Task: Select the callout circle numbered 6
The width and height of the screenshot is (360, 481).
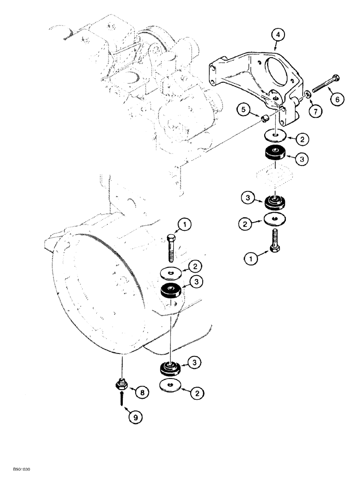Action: [336, 99]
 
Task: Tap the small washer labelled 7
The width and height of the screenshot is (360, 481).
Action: [305, 96]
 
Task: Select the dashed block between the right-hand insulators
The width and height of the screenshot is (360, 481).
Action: [275, 178]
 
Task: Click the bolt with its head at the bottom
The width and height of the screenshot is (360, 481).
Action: [275, 240]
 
